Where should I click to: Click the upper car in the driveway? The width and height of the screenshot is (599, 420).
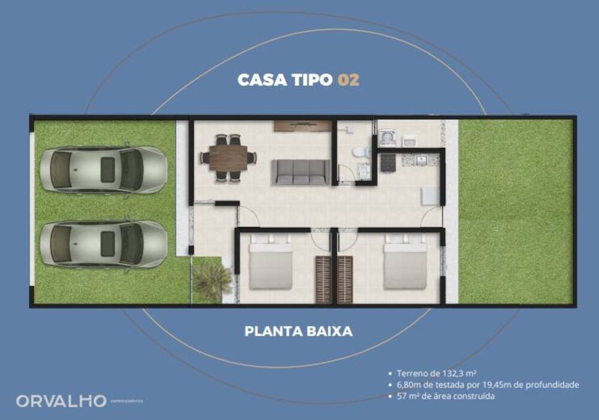[x=102, y=169]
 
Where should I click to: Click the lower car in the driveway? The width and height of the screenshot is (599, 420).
[x=102, y=244]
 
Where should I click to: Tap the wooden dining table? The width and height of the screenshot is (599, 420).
[x=228, y=158]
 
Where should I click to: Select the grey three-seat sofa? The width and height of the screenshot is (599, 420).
[x=301, y=172]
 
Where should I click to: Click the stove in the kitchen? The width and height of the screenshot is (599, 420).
[x=388, y=162]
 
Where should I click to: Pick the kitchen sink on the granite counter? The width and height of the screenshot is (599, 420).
[x=422, y=160]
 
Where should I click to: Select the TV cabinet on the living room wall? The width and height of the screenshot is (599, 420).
[x=302, y=126]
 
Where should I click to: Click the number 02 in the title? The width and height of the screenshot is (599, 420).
[x=349, y=80]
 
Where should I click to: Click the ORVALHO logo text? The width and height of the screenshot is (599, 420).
[x=61, y=401]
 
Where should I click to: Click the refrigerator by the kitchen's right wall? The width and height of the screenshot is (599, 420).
[x=430, y=196]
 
